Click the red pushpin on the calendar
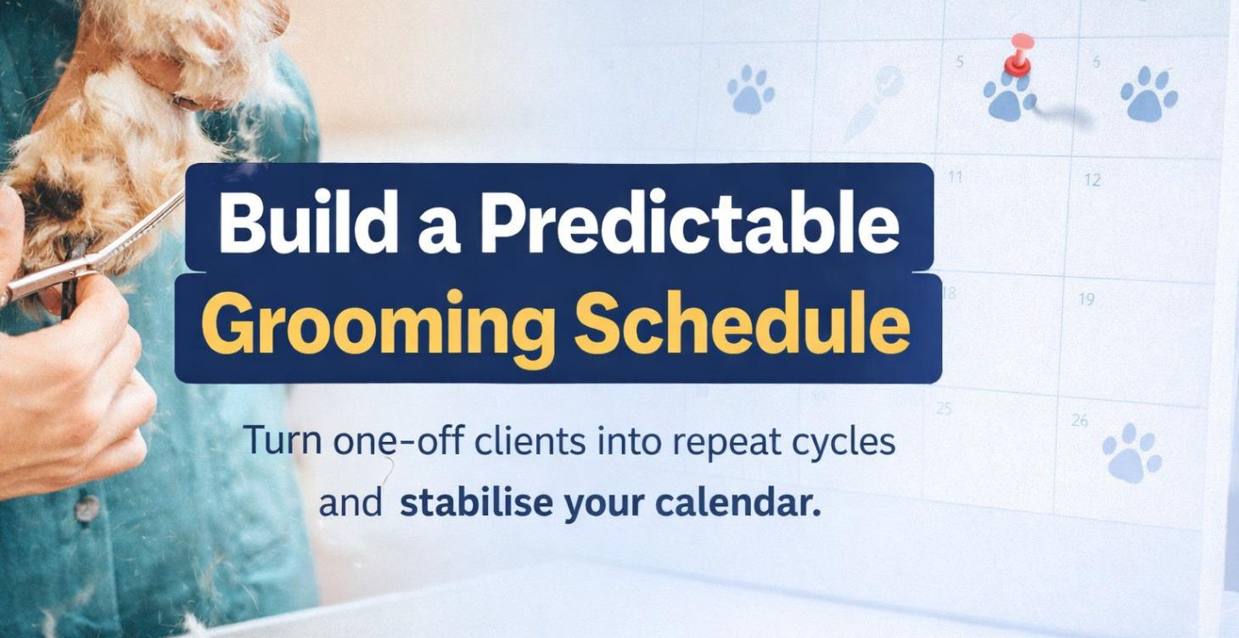[x=1019, y=53]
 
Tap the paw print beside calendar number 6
[x=1149, y=93]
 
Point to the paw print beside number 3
[x=751, y=89]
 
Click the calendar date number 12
[x=1091, y=180]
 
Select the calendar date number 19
[x=1085, y=299]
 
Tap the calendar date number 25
[x=944, y=408]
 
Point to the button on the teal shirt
[x=85, y=508]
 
